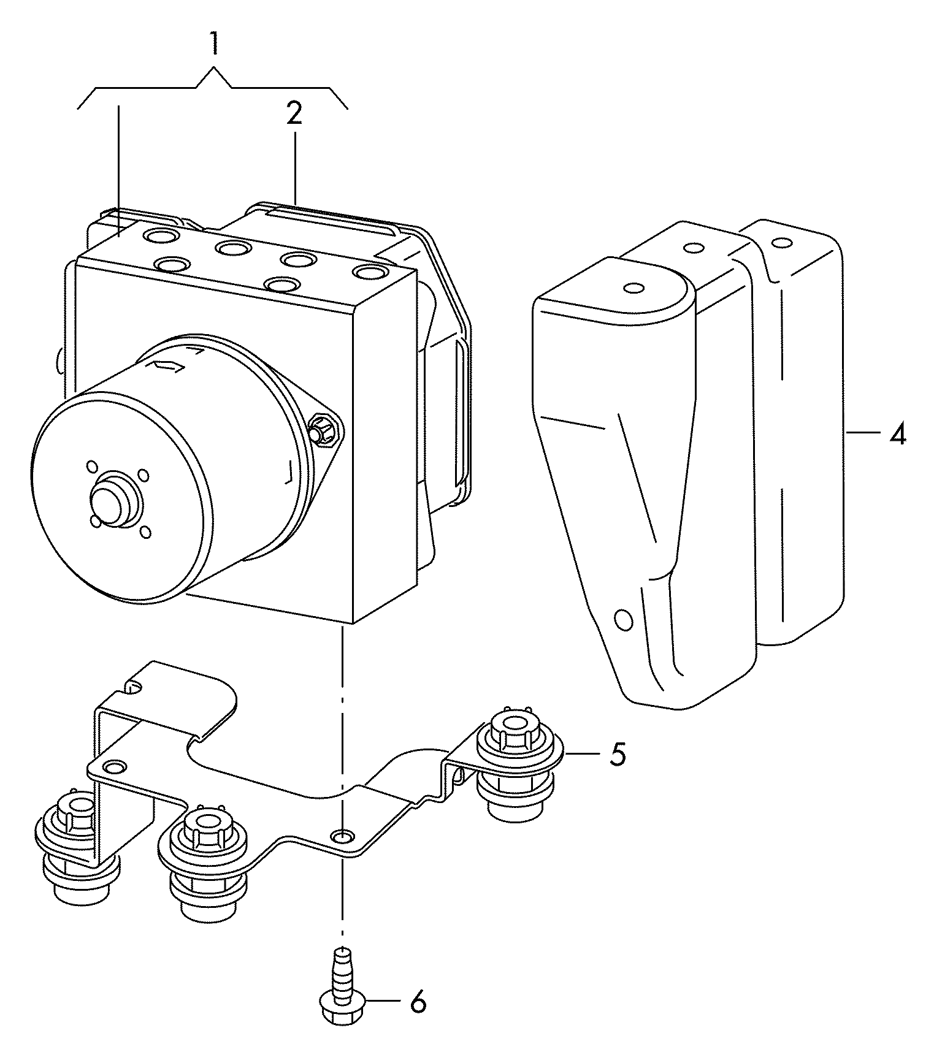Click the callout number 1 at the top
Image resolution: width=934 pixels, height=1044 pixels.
tap(214, 45)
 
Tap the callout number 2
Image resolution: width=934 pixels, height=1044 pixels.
tap(294, 113)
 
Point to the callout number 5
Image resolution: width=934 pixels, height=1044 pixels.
tap(618, 753)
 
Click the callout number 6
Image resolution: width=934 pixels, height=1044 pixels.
tap(418, 1002)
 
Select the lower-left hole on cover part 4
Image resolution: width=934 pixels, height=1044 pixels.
tap(624, 620)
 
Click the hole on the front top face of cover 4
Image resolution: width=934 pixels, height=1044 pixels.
tap(633, 288)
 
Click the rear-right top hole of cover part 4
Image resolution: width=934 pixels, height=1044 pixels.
tap(779, 243)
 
